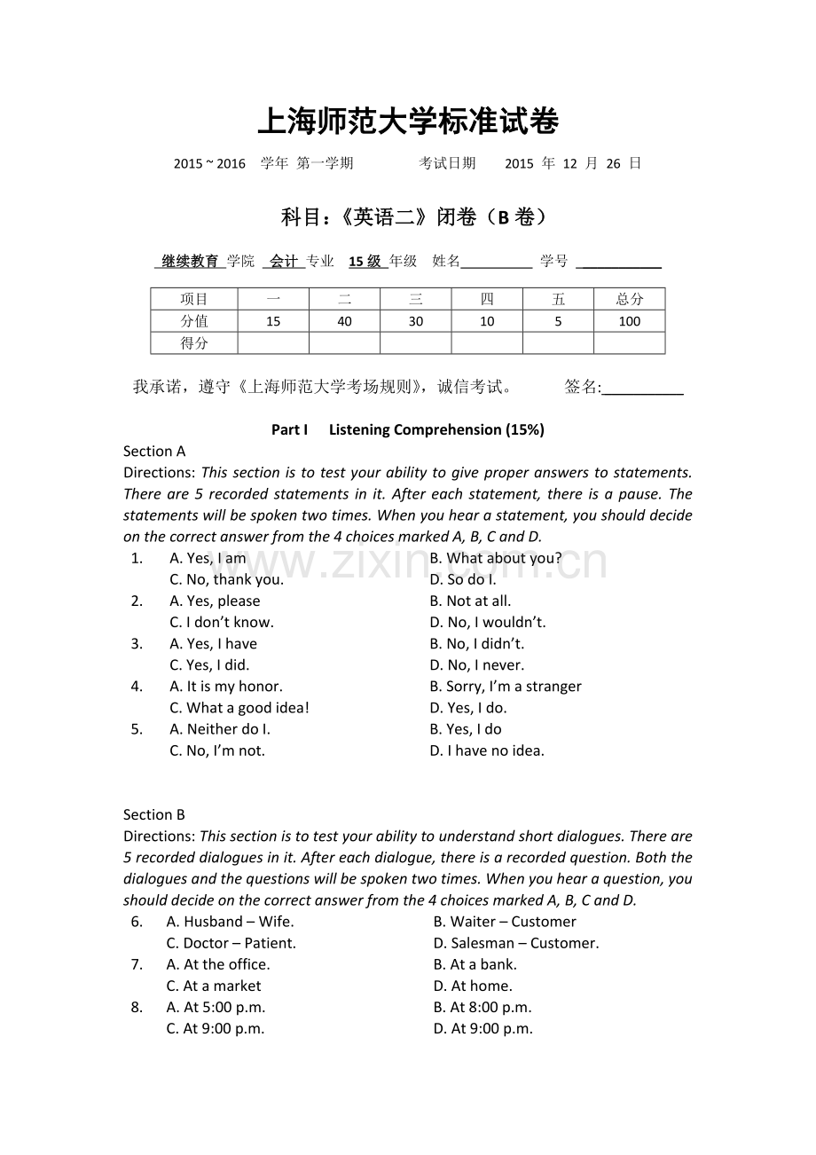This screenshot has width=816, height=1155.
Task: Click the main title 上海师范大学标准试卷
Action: (408, 122)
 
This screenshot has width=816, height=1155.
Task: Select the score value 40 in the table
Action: (344, 321)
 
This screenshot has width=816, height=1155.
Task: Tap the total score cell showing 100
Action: (629, 321)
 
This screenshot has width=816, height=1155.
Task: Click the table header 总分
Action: (629, 299)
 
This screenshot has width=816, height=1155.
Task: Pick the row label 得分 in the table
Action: (194, 343)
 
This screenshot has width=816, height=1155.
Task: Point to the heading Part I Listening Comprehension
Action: (407, 429)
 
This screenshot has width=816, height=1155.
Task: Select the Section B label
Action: (154, 814)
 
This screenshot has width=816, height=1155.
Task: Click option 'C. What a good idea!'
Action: (239, 708)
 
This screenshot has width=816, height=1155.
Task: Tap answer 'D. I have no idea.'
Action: (487, 750)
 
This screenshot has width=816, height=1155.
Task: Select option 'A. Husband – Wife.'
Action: (230, 922)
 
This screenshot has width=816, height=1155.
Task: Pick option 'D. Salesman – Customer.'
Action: (516, 943)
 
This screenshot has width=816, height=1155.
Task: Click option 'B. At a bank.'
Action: (475, 964)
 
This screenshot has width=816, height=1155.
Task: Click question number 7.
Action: (137, 964)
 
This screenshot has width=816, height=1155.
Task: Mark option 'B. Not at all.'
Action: (470, 601)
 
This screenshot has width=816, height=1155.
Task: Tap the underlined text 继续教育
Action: (190, 261)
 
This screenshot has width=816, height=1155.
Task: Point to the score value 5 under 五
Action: (558, 321)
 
